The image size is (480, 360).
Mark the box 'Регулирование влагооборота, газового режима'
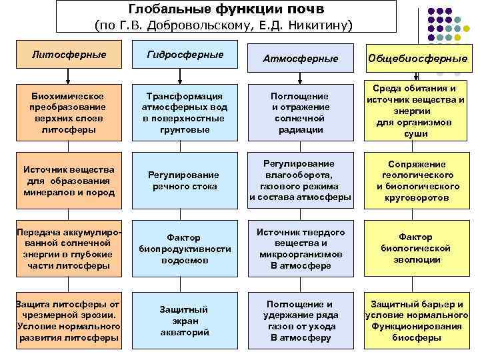pyautogui.click(x=299, y=181)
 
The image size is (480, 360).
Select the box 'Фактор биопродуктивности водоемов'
pyautogui.click(x=185, y=249)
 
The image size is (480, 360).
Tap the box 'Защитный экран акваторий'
pyautogui.click(x=185, y=321)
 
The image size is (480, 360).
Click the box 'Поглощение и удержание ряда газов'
pyautogui.click(x=299, y=321)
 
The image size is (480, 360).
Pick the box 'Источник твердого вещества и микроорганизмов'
pyautogui.click(x=299, y=249)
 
